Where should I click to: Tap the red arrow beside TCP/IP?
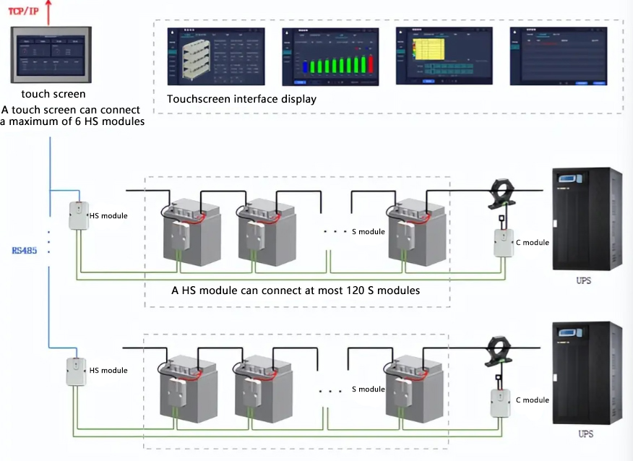pos(48,10)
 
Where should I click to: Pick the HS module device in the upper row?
pos(78,216)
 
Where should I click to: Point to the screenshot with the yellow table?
pos(443,58)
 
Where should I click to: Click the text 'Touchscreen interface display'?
pos(241,99)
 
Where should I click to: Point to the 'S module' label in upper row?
pos(368,232)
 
